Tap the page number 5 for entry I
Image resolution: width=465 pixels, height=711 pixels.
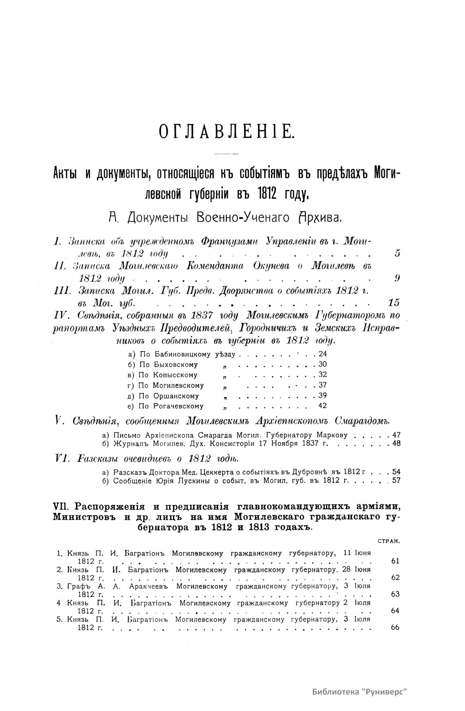[x=397, y=254]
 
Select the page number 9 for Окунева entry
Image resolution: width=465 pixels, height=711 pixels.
[x=397, y=278]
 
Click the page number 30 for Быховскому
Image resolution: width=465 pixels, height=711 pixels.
[x=322, y=365]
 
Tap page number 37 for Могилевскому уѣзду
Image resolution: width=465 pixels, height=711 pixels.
[x=322, y=386]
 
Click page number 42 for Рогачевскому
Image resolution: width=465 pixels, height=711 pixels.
[x=322, y=406]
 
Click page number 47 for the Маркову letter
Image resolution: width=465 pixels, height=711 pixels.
[x=396, y=435]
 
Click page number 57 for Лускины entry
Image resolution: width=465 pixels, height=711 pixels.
[x=396, y=481]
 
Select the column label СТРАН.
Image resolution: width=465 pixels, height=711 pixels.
[x=388, y=541]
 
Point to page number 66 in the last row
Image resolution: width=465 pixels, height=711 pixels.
[x=395, y=628]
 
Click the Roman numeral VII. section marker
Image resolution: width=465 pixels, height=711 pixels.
[x=62, y=507]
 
